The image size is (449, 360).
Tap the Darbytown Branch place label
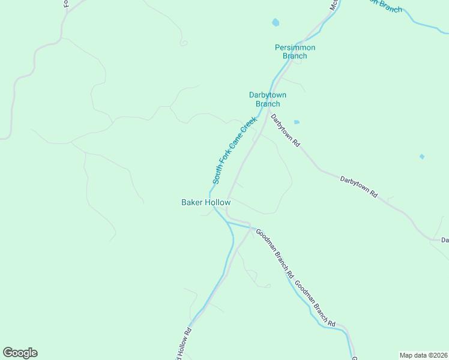pos(268,99)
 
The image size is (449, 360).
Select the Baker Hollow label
pos(206,203)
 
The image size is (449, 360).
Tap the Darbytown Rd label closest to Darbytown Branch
pos(285,131)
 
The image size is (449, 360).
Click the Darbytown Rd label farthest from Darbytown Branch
pos(358,187)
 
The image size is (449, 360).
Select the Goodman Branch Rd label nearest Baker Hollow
pos(274,253)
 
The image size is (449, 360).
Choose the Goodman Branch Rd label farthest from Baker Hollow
pos(315,304)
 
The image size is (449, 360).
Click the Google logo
pos(20,353)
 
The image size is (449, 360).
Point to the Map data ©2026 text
pos(423,355)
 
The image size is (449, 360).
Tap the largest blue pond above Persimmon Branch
pos(276,23)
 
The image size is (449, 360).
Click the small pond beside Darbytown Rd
pos(297,122)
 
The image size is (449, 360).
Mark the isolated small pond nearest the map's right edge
pos(422,157)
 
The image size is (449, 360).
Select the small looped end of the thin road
pos(184,43)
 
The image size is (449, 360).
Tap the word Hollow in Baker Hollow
pos(217,203)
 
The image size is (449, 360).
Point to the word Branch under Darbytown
pos(268,104)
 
